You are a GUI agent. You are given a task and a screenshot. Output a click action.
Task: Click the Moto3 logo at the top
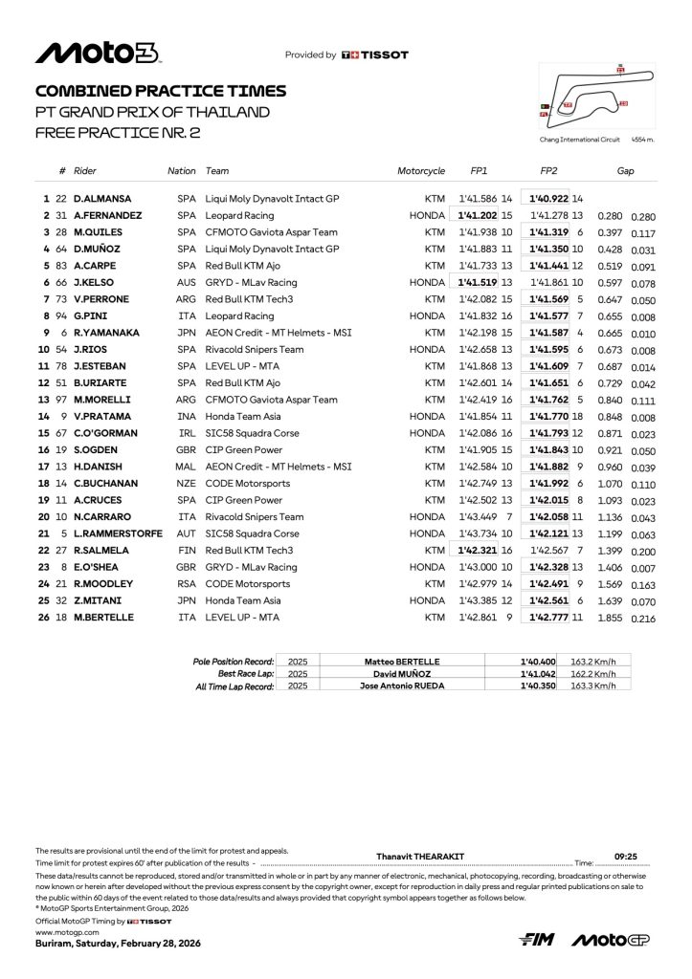[98, 54]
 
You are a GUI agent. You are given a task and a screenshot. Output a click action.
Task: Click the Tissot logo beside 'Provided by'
[375, 55]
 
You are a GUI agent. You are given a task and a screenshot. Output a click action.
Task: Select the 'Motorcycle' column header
[421, 171]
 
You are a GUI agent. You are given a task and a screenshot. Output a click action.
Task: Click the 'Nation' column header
[181, 171]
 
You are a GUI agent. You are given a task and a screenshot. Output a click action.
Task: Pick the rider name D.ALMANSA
[101, 198]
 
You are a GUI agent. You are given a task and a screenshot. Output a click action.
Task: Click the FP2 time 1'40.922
[548, 198]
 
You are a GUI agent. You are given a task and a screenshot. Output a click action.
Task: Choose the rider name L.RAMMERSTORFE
[120, 533]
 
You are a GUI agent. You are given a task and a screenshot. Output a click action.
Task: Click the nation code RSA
[186, 583]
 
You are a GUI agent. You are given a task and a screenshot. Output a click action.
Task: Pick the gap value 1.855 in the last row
[609, 618]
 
